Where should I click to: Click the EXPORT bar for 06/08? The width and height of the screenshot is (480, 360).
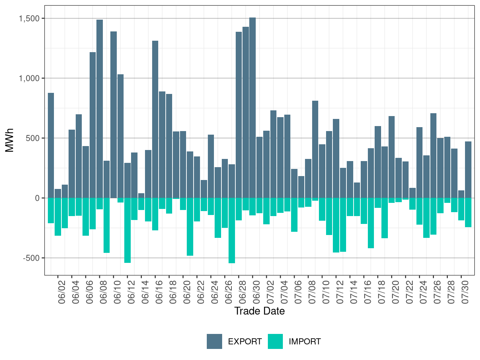(x=100, y=109)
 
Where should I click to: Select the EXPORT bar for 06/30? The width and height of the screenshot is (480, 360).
(x=252, y=108)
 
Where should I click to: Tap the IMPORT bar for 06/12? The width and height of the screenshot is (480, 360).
(x=127, y=230)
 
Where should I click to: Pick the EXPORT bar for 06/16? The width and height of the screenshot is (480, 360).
(x=155, y=119)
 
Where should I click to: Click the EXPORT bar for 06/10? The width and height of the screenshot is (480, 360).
(x=114, y=115)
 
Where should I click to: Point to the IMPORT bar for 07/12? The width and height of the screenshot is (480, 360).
(x=336, y=225)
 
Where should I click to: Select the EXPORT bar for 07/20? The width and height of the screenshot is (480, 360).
(x=392, y=157)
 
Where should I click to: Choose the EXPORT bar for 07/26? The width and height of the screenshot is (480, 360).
(x=434, y=156)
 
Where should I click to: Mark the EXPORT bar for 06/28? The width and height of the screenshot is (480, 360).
(x=239, y=115)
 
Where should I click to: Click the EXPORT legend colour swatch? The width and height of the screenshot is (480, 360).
(x=214, y=341)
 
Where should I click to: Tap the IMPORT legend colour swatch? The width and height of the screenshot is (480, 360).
(x=275, y=341)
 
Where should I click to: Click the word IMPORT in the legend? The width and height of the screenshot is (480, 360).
(x=305, y=342)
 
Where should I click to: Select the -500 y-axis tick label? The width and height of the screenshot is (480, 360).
(x=31, y=258)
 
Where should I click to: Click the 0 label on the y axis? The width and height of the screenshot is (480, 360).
(x=37, y=198)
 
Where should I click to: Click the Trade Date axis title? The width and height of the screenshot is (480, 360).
(x=260, y=311)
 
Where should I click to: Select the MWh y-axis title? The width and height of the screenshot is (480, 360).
(x=10, y=140)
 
